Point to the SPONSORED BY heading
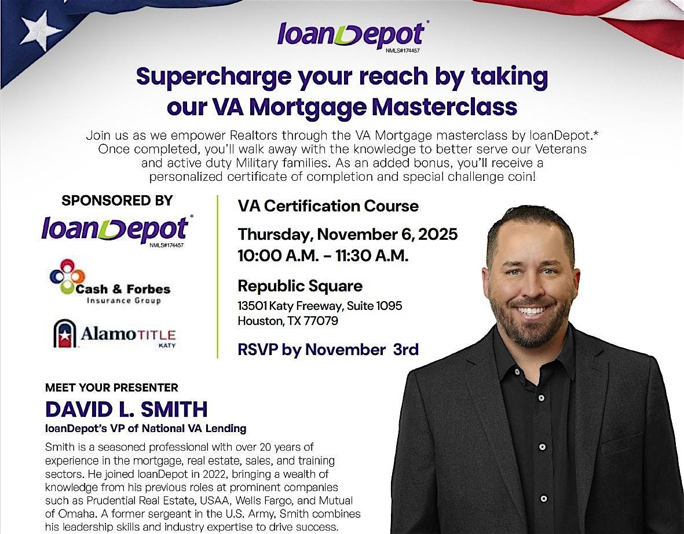[117, 201]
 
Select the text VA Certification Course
[328, 206]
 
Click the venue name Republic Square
[300, 286]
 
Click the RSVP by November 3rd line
[328, 350]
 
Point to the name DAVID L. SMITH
[126, 409]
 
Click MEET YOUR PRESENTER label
[112, 387]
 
